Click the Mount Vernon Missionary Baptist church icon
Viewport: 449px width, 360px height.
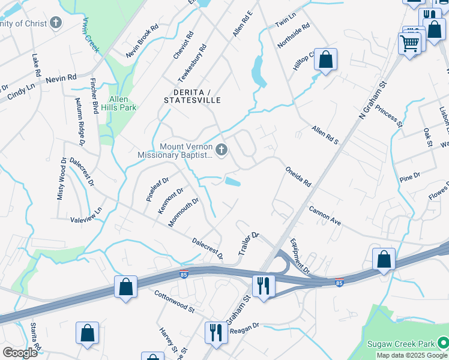221,149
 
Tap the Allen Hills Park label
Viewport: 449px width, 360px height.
123,103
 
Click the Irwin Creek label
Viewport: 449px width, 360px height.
91,35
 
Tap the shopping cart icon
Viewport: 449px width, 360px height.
410,43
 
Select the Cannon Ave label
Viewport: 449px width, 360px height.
325,216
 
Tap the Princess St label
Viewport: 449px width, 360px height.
392,118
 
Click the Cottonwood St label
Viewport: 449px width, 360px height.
175,302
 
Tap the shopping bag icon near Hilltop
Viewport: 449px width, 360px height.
325,59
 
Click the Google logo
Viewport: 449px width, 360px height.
20,353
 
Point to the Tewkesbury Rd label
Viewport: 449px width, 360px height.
192,64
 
